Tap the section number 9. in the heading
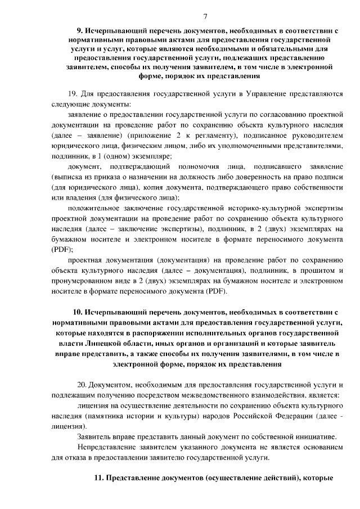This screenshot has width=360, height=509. (x=80, y=31)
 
